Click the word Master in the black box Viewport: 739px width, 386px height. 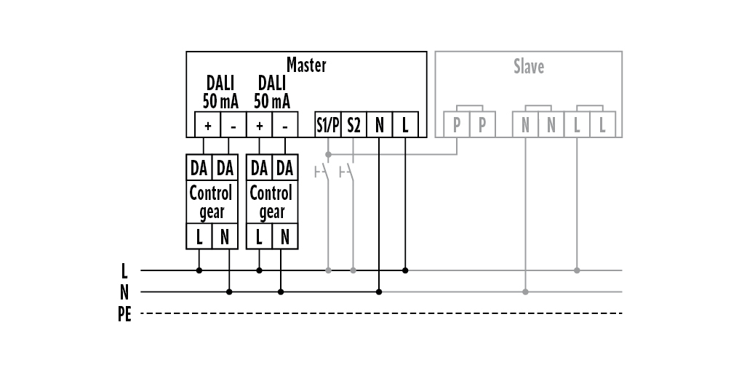(x=306, y=65)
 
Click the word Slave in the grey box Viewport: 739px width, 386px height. (x=529, y=67)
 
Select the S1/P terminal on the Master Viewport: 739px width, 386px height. (x=328, y=125)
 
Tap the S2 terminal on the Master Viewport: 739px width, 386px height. (x=353, y=125)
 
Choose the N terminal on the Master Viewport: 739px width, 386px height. (x=379, y=125)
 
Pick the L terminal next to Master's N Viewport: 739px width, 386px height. (x=404, y=125)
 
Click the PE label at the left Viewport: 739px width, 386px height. (x=124, y=315)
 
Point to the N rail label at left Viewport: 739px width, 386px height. (x=124, y=292)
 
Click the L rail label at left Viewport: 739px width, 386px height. (x=125, y=271)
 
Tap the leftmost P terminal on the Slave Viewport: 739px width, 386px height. (x=457, y=125)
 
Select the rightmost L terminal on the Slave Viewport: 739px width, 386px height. (x=602, y=125)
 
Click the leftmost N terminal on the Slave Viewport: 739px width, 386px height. (x=525, y=125)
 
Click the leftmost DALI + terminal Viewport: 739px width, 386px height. (x=207, y=125)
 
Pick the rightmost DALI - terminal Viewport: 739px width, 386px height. (x=285, y=125)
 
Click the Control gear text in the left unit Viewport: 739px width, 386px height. (x=211, y=202)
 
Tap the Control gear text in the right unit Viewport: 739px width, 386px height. (x=271, y=202)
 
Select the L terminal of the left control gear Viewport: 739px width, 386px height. (x=199, y=236)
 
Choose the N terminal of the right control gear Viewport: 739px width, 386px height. (x=284, y=236)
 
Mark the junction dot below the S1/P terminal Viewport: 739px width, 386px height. (x=328, y=154)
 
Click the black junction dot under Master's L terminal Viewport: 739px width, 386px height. (x=405, y=270)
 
